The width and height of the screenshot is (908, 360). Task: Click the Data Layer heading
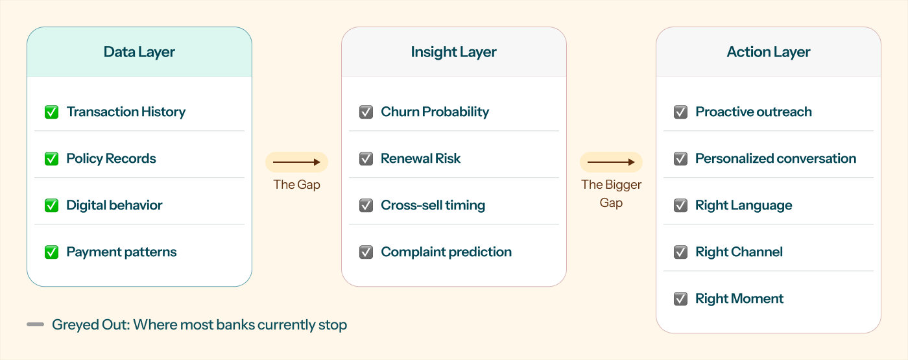pyautogui.click(x=139, y=52)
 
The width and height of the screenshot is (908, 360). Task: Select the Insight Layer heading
pyautogui.click(x=453, y=52)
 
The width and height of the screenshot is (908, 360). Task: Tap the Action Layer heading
pyautogui.click(x=768, y=52)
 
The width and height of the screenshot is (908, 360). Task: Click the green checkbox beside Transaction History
pyautogui.click(x=51, y=112)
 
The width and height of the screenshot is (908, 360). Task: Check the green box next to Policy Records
pyautogui.click(x=51, y=158)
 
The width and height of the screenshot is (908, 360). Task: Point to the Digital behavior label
pyautogui.click(x=114, y=205)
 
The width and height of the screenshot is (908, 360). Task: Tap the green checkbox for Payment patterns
pyautogui.click(x=51, y=252)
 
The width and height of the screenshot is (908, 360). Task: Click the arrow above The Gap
pyautogui.click(x=297, y=162)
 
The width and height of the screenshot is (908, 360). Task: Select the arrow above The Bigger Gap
pyautogui.click(x=611, y=162)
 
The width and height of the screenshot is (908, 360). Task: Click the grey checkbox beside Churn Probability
pyautogui.click(x=366, y=112)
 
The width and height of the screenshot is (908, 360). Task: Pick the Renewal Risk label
pyautogui.click(x=421, y=158)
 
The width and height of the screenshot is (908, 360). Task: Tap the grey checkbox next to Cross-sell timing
pyautogui.click(x=366, y=205)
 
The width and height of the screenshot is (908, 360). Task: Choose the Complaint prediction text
pyautogui.click(x=446, y=252)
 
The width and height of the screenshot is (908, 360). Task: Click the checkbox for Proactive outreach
pyautogui.click(x=680, y=112)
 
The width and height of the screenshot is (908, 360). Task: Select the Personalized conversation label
pyautogui.click(x=776, y=158)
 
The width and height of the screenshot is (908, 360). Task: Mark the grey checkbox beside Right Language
pyautogui.click(x=680, y=205)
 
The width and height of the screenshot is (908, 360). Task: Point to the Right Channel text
pyautogui.click(x=739, y=252)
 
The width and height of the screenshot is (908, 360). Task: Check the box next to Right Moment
pyautogui.click(x=680, y=298)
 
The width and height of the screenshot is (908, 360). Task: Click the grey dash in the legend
pyautogui.click(x=35, y=324)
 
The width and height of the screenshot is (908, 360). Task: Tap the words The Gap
pyautogui.click(x=297, y=184)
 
